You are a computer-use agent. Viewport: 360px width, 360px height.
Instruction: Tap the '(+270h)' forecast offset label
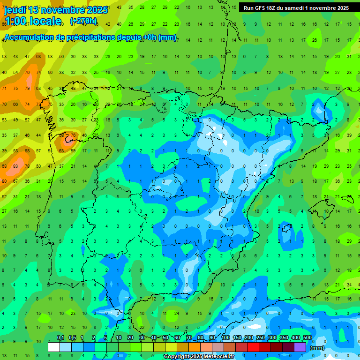[83, 21]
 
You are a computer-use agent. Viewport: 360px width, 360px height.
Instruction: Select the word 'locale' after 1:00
[44, 21]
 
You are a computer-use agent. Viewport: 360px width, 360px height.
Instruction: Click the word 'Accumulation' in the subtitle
[29, 37]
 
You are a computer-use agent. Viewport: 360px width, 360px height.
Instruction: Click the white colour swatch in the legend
[54, 347]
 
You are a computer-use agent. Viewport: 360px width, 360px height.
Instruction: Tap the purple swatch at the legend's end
[300, 347]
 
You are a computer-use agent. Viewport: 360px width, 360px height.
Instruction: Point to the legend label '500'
[307, 338]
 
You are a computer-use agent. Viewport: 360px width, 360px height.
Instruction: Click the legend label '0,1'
[60, 338]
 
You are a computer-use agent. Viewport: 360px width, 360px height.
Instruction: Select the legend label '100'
[225, 338]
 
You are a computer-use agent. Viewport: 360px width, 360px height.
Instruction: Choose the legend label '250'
[260, 338]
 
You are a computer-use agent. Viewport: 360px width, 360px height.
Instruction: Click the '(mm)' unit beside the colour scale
[317, 348]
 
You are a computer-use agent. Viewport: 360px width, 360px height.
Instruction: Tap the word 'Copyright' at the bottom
[176, 357]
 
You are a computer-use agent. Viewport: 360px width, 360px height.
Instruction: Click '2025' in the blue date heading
[96, 10]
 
